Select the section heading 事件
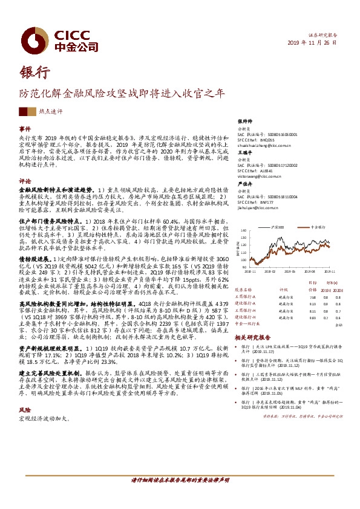pyautogui.click(x=25, y=129)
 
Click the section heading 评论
pyautogui.click(x=25, y=181)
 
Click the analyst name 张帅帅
pyautogui.click(x=244, y=122)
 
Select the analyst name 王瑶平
pyautogui.click(x=244, y=154)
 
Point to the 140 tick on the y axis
pyautogui.click(x=243, y=231)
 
